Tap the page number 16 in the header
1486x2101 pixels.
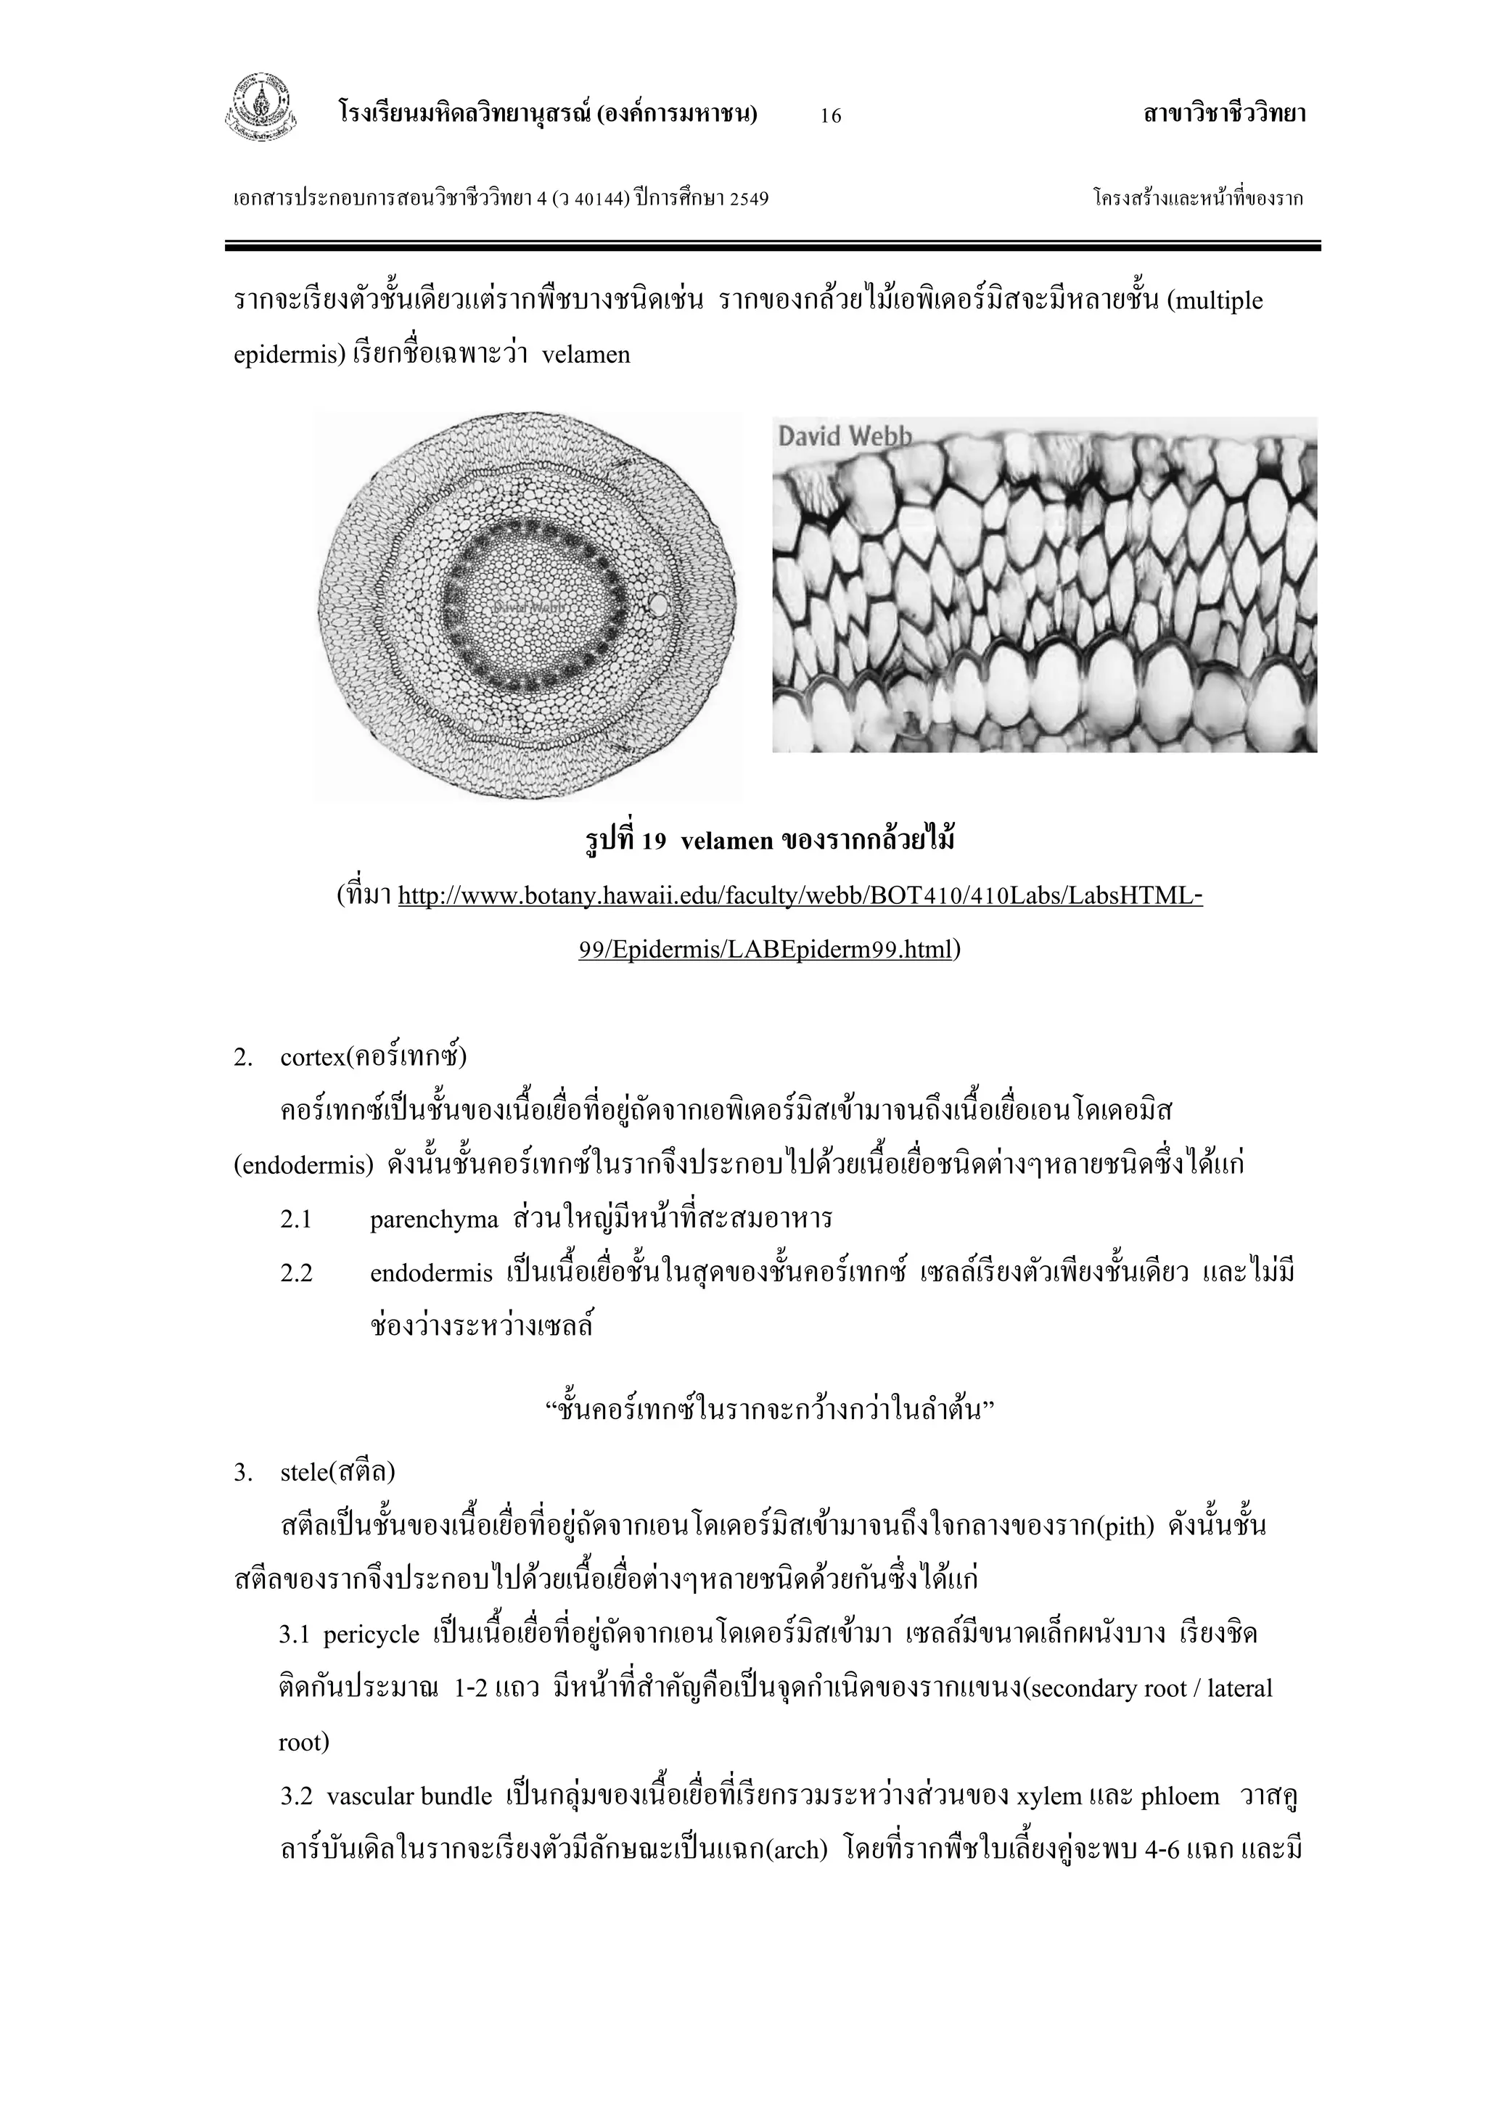[x=831, y=115]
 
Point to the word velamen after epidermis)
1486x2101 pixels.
[x=586, y=355]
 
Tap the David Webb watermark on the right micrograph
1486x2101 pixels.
[x=844, y=437]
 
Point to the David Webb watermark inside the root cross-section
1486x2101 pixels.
[x=530, y=607]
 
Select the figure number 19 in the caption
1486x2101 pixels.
[x=653, y=841]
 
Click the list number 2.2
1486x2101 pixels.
[x=297, y=1274]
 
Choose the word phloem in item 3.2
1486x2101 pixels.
[x=1181, y=1796]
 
